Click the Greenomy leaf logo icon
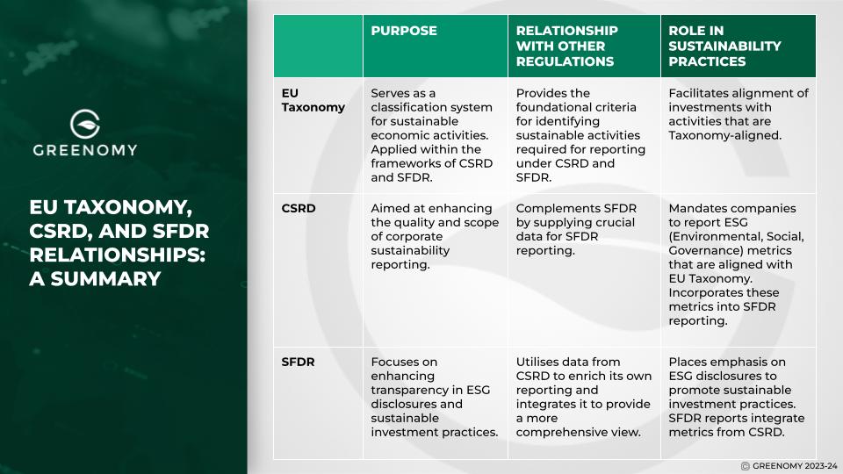[85, 123]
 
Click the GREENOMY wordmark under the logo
[85, 150]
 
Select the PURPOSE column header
[404, 31]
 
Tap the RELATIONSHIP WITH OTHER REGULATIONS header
[566, 46]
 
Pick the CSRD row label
[299, 209]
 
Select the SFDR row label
[299, 362]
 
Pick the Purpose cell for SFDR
[434, 397]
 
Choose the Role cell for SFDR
[736, 397]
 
